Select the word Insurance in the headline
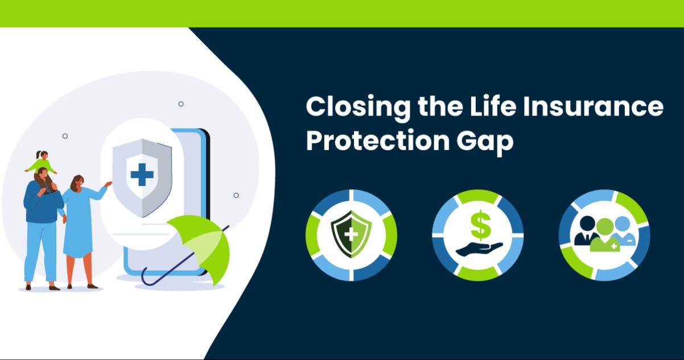tap(594, 106)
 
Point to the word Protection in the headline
tap(378, 140)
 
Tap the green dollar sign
tap(481, 225)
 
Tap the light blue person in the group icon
tap(624, 231)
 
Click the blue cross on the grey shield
tap(142, 175)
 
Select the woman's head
tap(77, 183)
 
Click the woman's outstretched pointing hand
tap(108, 184)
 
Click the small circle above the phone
tap(181, 104)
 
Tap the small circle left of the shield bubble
tap(65, 136)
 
